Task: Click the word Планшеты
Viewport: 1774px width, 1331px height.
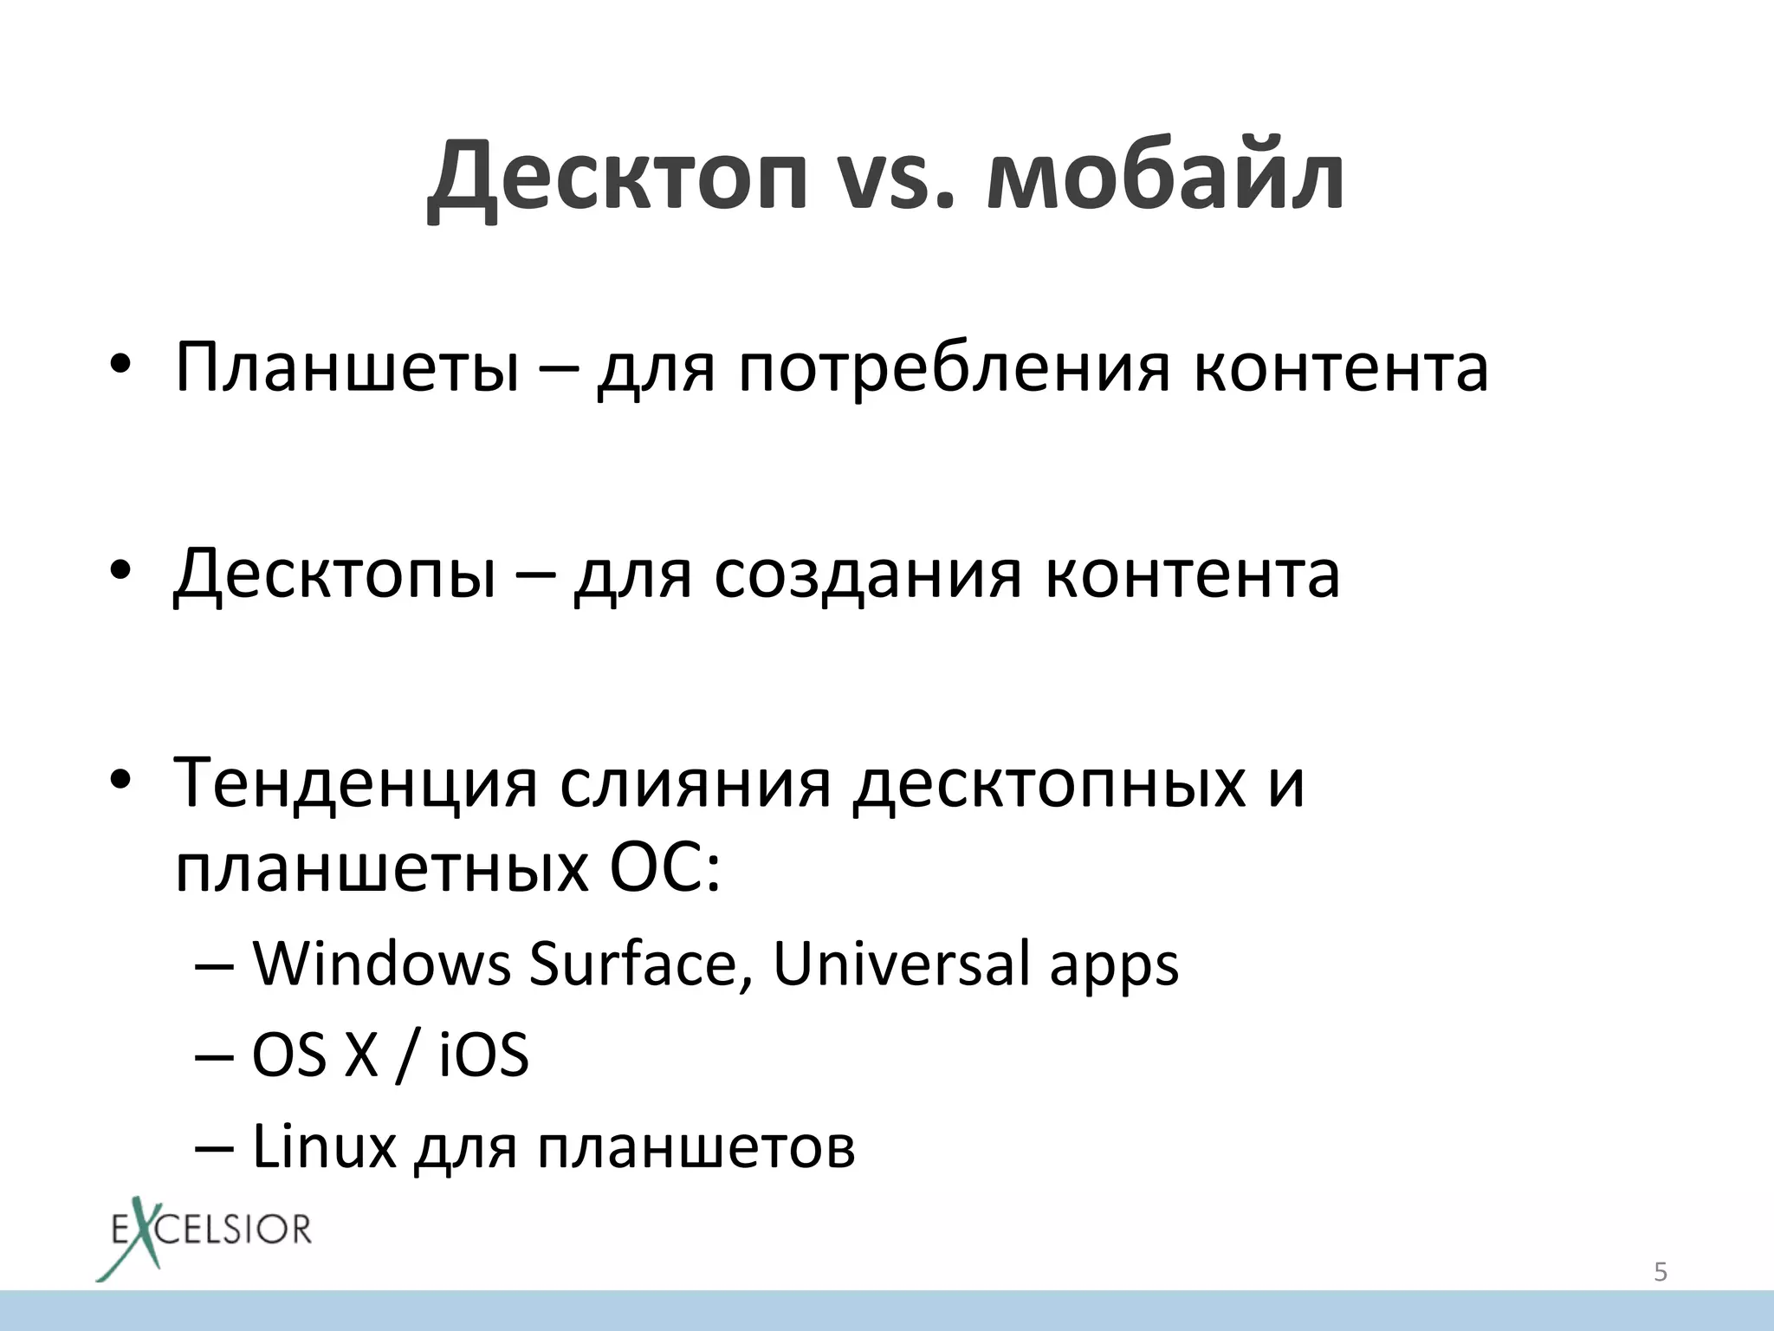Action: click(x=346, y=367)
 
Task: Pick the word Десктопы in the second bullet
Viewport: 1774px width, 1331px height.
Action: click(x=335, y=575)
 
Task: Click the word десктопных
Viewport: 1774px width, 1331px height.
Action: click(x=1049, y=783)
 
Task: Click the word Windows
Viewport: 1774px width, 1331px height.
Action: click(x=381, y=964)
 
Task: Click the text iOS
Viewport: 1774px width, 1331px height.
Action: click(x=484, y=1055)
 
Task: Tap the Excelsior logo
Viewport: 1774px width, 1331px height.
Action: click(x=204, y=1236)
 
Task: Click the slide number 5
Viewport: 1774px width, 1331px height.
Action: click(x=1661, y=1272)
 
